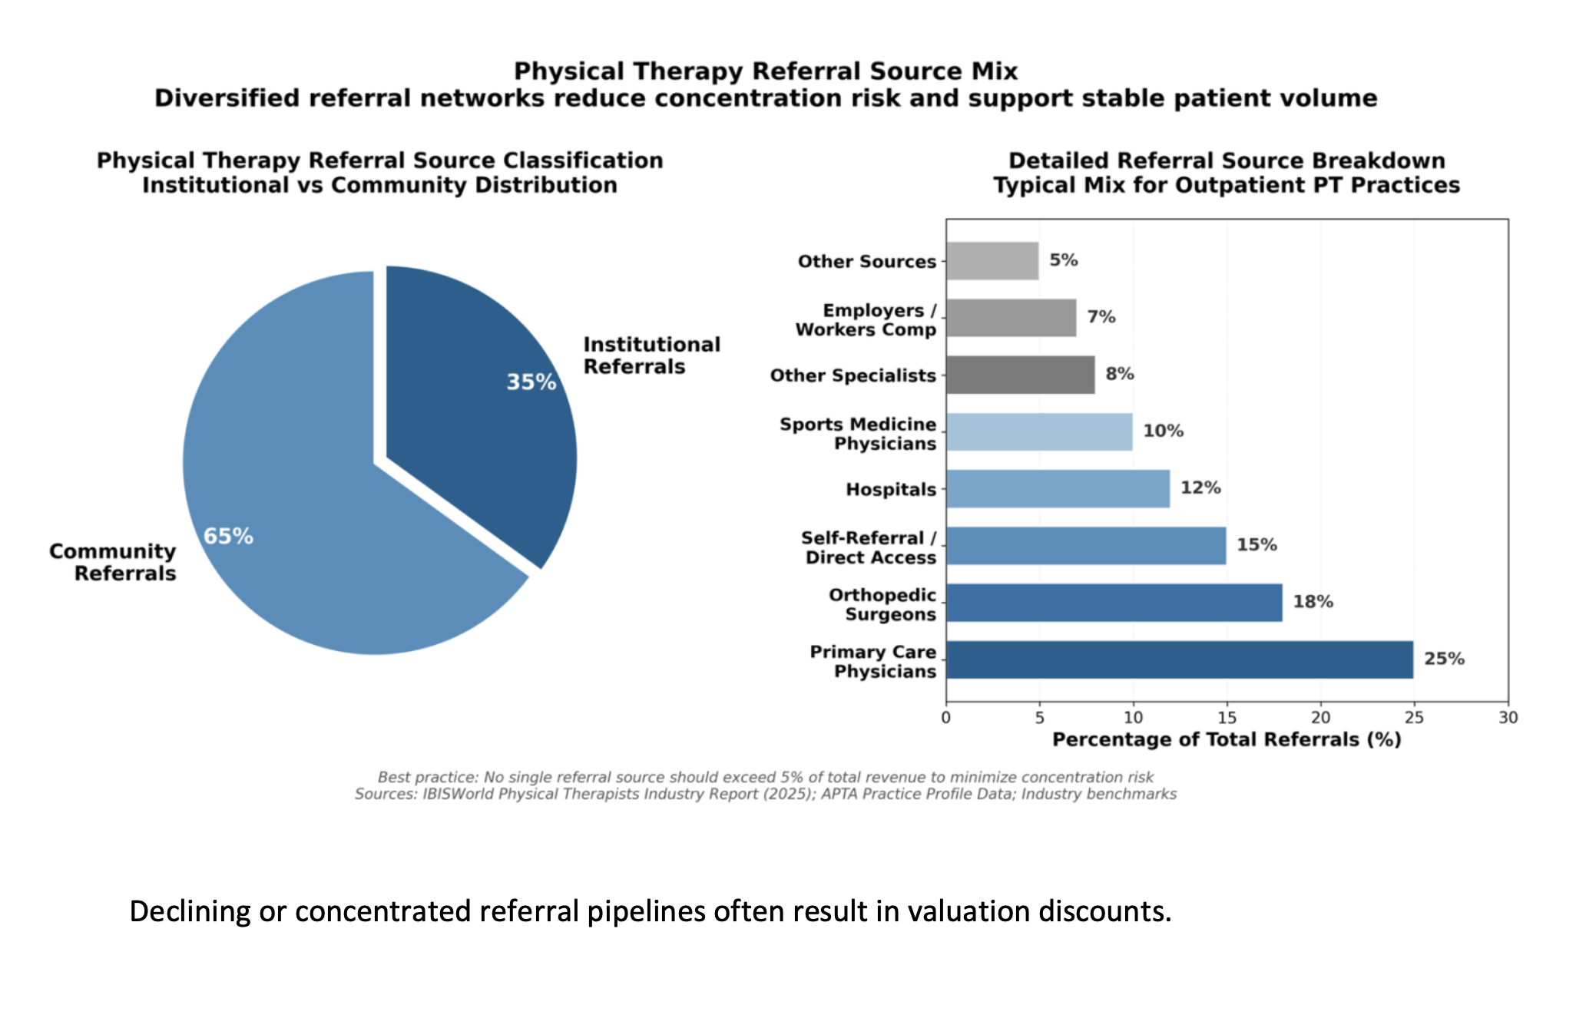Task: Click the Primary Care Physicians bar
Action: coord(1179,659)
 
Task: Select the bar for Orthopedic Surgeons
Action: coord(1114,603)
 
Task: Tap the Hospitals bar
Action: coord(1058,489)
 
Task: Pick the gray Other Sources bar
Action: coord(992,261)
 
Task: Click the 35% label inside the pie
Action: coord(531,382)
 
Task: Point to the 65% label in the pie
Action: coord(228,536)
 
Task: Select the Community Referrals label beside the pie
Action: coord(113,562)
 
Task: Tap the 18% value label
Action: coord(1313,602)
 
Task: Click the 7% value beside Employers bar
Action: coord(1101,317)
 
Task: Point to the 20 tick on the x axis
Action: coord(1320,718)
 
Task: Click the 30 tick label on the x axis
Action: coord(1508,718)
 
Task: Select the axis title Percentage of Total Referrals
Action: coord(1227,739)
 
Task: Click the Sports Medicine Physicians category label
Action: coord(858,434)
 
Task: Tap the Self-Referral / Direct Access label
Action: coord(869,547)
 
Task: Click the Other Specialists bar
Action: coord(1020,375)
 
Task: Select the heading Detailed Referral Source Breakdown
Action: coord(1226,160)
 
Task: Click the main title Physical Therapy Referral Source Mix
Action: coord(765,71)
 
